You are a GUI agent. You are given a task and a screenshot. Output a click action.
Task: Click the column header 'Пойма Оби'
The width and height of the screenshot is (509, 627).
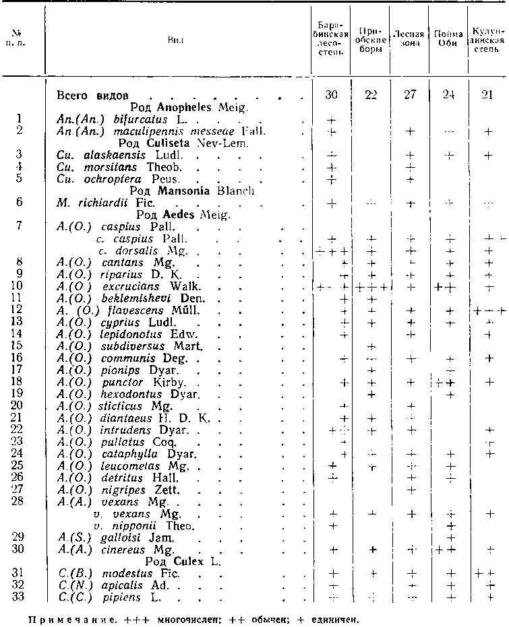pos(448,39)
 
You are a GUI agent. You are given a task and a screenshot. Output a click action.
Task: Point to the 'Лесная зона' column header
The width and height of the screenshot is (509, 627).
pos(409,39)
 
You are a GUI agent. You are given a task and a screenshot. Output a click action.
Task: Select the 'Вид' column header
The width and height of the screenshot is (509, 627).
pos(177,40)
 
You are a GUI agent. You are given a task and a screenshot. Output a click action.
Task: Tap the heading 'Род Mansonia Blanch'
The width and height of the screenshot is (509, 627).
pos(183,191)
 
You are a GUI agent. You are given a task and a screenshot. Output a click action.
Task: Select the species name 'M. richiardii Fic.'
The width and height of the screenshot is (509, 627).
pos(106,203)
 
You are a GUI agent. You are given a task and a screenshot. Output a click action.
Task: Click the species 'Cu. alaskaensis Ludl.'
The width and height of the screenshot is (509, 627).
pos(111,155)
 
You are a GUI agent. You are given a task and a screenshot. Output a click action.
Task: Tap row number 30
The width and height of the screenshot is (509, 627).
pos(20,550)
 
